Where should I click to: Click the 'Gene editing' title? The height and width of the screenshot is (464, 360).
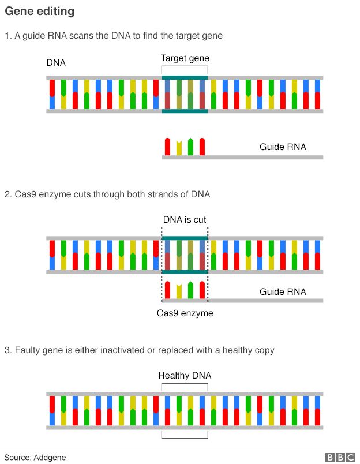point(39,12)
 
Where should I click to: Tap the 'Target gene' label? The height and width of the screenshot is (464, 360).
point(185,58)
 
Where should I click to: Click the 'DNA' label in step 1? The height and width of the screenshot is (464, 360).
point(56,62)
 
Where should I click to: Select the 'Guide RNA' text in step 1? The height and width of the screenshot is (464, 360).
point(283,147)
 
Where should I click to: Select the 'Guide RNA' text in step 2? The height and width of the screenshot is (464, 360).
point(283,292)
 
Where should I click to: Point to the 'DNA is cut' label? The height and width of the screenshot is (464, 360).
point(184,220)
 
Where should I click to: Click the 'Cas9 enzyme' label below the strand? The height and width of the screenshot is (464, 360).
point(185,313)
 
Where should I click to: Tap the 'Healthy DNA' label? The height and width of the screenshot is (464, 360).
point(185,376)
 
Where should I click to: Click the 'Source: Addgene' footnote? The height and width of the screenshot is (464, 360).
point(35,458)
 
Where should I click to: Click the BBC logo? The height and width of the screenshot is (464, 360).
point(340,458)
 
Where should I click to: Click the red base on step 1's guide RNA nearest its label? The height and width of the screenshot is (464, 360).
point(202,147)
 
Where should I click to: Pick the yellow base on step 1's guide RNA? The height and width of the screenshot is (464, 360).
point(179,148)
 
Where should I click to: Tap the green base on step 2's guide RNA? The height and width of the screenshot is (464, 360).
point(190,290)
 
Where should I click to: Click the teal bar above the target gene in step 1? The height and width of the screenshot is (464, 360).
point(185,77)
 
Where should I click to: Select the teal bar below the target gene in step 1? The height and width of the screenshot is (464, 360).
point(185,111)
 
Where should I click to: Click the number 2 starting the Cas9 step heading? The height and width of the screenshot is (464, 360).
point(7,195)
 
